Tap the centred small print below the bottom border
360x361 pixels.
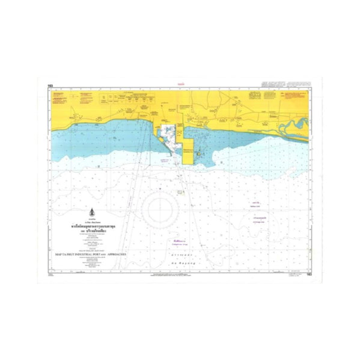coord(180,274)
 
